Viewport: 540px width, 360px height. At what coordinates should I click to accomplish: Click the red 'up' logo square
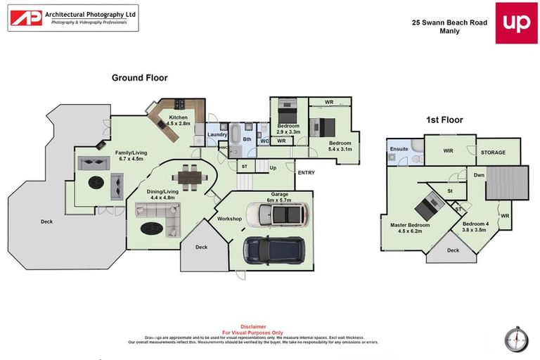(x=516, y=22)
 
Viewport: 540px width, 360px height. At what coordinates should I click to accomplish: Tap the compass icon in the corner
(x=515, y=338)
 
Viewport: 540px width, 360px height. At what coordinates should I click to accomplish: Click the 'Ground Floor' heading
(x=139, y=78)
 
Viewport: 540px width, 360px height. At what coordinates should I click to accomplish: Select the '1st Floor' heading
(x=444, y=120)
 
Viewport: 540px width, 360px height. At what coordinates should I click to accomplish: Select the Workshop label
(x=229, y=219)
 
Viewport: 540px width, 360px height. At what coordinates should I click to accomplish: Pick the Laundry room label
(x=217, y=134)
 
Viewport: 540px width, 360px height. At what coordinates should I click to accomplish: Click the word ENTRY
(x=306, y=172)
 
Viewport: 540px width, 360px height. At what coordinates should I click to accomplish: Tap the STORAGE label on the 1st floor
(x=492, y=153)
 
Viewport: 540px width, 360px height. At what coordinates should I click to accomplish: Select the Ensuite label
(x=399, y=148)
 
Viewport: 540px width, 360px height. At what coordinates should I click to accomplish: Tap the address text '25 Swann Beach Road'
(x=449, y=22)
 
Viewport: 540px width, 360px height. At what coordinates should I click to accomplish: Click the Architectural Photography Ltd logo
(x=72, y=18)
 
